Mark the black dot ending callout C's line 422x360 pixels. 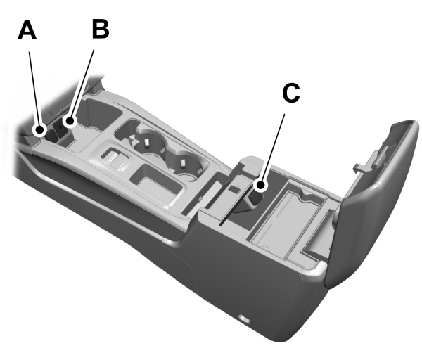[x=261, y=186]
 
